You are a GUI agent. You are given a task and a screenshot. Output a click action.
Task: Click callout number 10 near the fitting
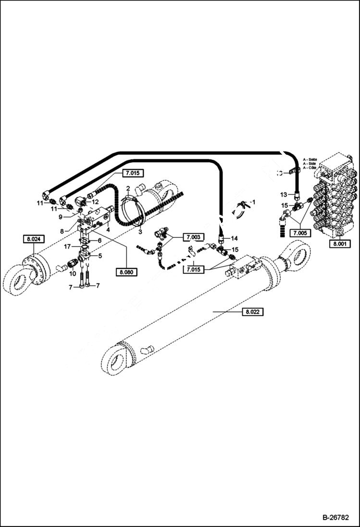pyautogui.click(x=73, y=274)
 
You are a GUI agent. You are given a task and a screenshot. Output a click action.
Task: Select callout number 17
pyautogui.click(x=69, y=246)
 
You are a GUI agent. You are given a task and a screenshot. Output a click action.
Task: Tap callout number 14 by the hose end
pyautogui.click(x=235, y=238)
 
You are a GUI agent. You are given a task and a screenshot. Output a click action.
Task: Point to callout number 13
pyautogui.click(x=284, y=194)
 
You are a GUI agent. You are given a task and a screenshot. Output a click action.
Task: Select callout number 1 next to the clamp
pyautogui.click(x=255, y=201)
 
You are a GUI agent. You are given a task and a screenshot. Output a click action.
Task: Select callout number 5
pyautogui.click(x=100, y=256)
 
